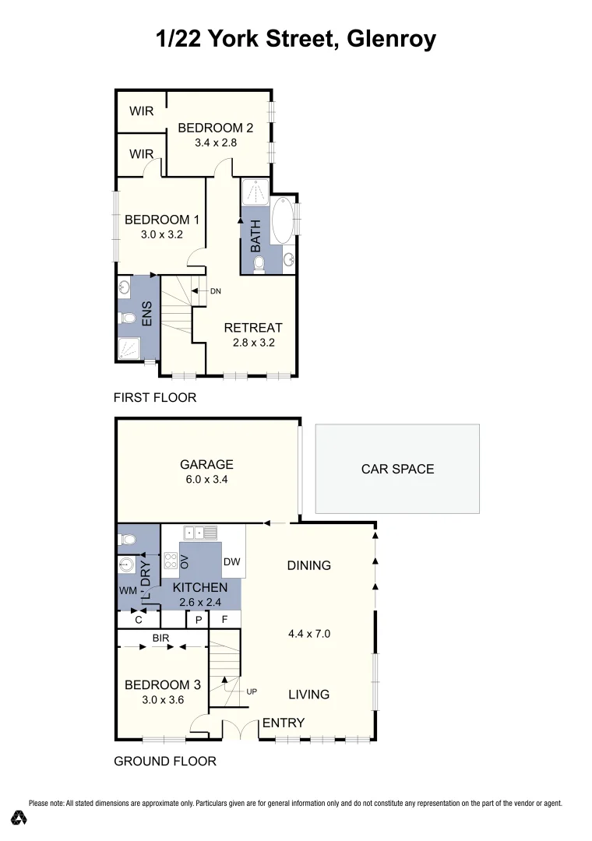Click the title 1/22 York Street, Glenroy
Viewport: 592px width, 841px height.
pos(296,39)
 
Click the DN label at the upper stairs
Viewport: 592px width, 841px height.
pos(216,291)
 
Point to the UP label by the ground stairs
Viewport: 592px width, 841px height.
pos(251,691)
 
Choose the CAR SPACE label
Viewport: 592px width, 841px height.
pos(397,469)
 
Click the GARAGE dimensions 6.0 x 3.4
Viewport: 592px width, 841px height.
pos(207,480)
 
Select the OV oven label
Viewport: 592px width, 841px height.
pos(185,561)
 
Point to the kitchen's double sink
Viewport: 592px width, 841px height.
pos(200,533)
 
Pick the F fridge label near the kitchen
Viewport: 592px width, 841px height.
pos(224,620)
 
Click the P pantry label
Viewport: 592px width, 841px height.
pos(199,620)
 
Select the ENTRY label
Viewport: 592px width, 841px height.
pos(283,723)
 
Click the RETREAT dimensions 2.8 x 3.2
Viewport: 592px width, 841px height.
pos(253,342)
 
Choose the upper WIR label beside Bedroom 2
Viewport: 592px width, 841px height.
pos(141,111)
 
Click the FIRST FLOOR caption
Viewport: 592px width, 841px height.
pos(155,398)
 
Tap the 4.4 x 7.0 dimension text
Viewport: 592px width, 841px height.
pos(309,634)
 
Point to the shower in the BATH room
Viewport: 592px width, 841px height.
pos(254,192)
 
